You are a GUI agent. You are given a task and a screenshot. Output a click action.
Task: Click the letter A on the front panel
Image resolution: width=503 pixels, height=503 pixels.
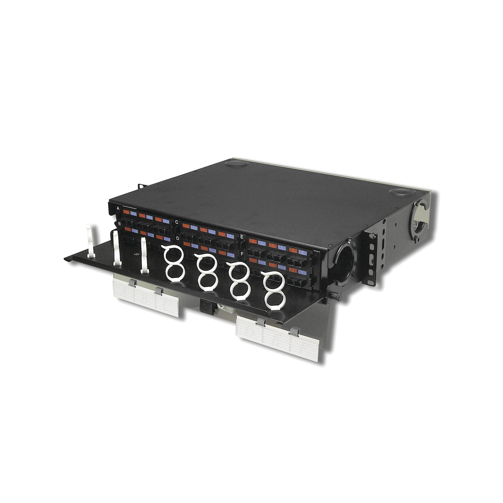[118, 208]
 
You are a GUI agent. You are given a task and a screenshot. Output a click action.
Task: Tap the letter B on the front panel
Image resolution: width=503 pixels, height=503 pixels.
[119, 224]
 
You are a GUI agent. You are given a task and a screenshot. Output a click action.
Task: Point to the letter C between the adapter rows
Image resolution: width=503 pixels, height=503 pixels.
[177, 222]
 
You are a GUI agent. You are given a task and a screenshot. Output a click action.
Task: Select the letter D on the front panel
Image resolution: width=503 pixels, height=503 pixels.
[178, 238]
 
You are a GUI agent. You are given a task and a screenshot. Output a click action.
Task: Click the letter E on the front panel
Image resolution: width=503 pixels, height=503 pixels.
[242, 237]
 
